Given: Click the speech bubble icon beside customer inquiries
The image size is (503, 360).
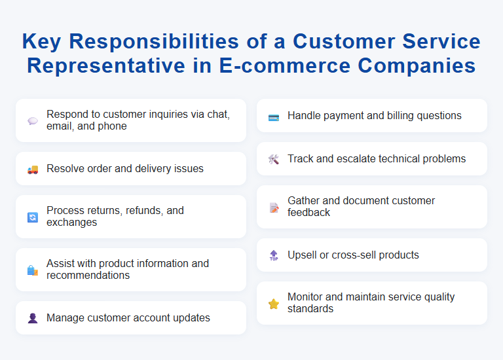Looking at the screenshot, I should pyautogui.click(x=33, y=121).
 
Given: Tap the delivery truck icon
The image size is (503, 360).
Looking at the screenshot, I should pyautogui.click(x=33, y=170).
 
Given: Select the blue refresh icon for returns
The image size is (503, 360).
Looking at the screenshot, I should pyautogui.click(x=33, y=217).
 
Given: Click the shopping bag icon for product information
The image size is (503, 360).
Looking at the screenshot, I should pyautogui.click(x=33, y=270).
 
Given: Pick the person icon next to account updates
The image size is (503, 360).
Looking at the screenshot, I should pyautogui.click(x=33, y=319).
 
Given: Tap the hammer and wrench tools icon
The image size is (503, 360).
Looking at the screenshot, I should pyautogui.click(x=274, y=160).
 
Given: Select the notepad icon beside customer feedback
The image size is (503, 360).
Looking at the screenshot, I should pyautogui.click(x=274, y=207).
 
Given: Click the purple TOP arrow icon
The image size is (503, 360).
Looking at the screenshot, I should pyautogui.click(x=274, y=256).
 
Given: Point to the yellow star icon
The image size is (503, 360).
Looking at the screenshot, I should pyautogui.click(x=274, y=304).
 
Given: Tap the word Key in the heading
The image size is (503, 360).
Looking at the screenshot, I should pyautogui.click(x=43, y=41).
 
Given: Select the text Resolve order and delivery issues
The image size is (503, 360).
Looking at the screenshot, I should pyautogui.click(x=124, y=169).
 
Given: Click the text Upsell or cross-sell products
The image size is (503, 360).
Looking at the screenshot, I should pyautogui.click(x=353, y=255).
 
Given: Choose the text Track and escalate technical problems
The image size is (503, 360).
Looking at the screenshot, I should pyautogui.click(x=377, y=159).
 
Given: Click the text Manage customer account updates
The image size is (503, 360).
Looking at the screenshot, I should pyautogui.click(x=128, y=318).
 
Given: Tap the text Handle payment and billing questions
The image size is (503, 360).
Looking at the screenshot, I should pyautogui.click(x=374, y=116).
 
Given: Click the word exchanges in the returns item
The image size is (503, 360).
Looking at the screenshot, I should pyautogui.click(x=71, y=223).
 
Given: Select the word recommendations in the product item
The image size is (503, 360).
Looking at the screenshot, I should pyautogui.click(x=88, y=276).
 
